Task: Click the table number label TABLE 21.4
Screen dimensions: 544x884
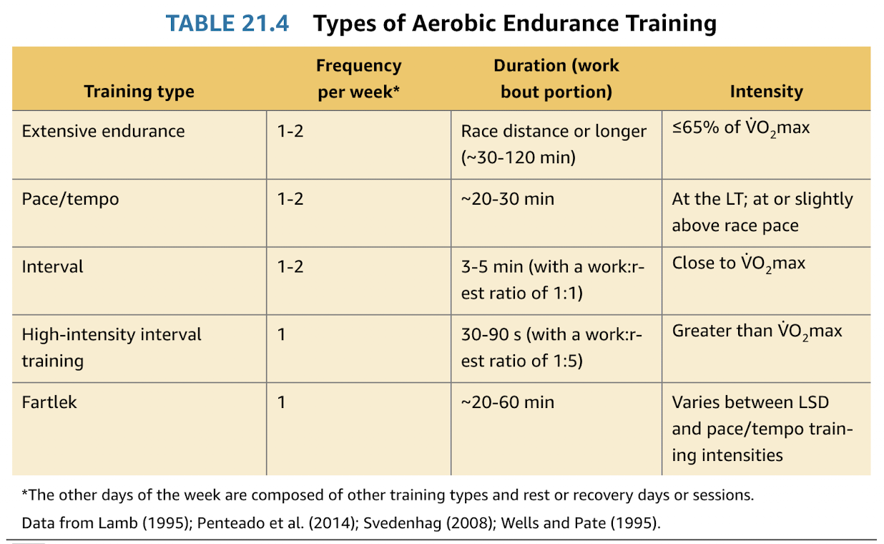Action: coord(227,24)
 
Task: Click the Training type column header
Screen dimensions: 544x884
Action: coord(139,92)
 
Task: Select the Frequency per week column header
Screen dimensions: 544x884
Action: coord(358,79)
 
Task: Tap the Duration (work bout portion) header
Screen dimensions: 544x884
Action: coord(556,79)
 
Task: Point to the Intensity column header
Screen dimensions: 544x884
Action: coord(766,92)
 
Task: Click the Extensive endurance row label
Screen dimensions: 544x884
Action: coord(103,132)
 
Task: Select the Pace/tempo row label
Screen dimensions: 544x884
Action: coord(70,199)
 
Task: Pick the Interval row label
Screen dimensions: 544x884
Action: coord(52,267)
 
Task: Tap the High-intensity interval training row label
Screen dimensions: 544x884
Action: coord(112,347)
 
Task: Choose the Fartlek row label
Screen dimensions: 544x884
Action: coord(49,402)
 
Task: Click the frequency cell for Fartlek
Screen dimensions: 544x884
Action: coord(282,402)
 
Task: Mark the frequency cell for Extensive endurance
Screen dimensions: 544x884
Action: coord(290,132)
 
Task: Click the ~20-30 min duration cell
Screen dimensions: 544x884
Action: coord(507,199)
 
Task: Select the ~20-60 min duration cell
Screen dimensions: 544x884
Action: coord(507,402)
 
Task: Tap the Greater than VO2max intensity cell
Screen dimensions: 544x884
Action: coord(757,332)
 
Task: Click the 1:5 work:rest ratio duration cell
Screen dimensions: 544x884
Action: coord(551,347)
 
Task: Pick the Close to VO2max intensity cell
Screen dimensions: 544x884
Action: coord(738,264)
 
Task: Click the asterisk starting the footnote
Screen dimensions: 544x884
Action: coord(25,494)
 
